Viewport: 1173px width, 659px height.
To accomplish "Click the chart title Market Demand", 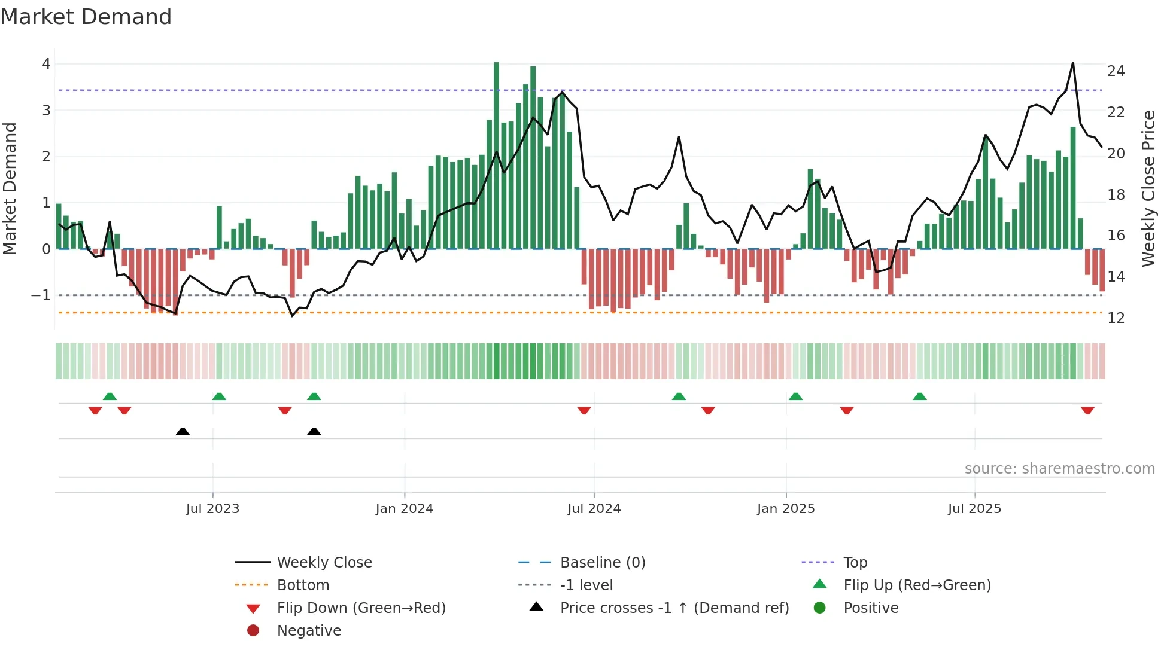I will [86, 17].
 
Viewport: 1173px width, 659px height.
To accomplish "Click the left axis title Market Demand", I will [10, 188].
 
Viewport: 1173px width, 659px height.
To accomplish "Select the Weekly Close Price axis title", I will [1148, 188].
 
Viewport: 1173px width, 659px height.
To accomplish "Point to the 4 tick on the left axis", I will [46, 64].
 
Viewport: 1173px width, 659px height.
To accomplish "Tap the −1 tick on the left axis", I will [41, 295].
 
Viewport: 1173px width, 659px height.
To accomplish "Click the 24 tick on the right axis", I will [1116, 71].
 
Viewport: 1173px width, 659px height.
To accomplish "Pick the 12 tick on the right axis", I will [1116, 318].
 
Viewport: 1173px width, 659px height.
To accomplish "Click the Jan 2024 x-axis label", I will [404, 509].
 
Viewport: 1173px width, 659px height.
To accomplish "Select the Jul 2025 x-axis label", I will [974, 509].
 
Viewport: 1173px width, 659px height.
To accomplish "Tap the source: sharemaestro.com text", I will [1059, 469].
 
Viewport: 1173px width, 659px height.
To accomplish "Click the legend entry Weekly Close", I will [324, 563].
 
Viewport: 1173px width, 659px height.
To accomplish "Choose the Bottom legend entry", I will [303, 585].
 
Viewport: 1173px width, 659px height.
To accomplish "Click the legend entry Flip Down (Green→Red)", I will [361, 608].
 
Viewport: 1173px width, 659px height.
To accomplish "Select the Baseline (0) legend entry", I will [602, 563].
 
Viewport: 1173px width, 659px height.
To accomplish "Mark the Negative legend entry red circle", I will [253, 631].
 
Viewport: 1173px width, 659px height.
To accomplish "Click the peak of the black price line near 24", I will [1072, 63].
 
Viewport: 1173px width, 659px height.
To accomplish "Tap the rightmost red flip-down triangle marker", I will [1087, 410].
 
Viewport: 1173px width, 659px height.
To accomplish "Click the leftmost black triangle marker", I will [183, 431].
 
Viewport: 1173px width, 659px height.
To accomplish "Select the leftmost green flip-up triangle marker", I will [110, 396].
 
